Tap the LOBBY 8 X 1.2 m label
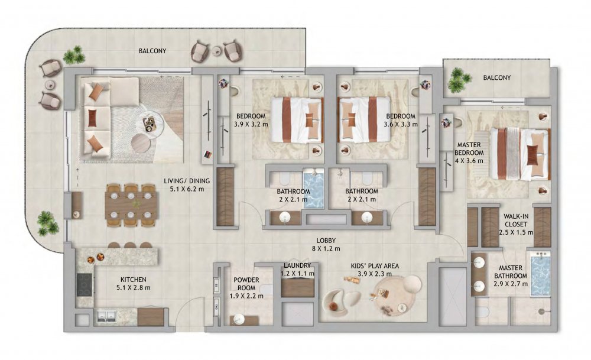(x=326, y=244)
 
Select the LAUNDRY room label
(x=297, y=265)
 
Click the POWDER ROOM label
(x=246, y=284)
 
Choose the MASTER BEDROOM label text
(x=469, y=148)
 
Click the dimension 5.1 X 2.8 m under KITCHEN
(x=134, y=288)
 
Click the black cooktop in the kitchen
(x=85, y=284)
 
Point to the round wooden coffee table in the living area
(x=142, y=143)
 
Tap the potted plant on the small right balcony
(x=460, y=80)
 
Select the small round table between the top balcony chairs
(x=217, y=51)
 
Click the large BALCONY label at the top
(x=152, y=51)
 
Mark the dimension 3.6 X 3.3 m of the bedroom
(x=400, y=124)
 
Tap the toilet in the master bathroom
(x=483, y=312)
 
